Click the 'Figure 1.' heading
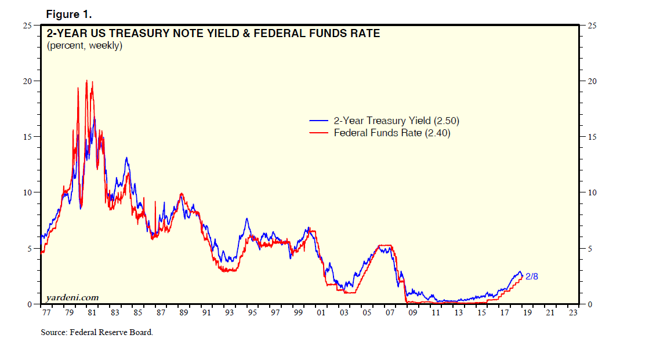pyautogui.click(x=68, y=14)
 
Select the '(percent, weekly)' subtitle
pyautogui.click(x=84, y=46)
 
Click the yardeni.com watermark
pyautogui.click(x=72, y=297)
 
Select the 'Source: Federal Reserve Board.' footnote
pyautogui.click(x=97, y=333)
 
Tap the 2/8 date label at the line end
pyautogui.click(x=532, y=276)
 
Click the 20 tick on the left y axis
pyautogui.click(x=28, y=81)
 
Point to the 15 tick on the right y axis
pyautogui.click(x=593, y=137)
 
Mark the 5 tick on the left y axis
pyautogui.click(x=31, y=248)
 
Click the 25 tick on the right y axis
pyautogui.click(x=593, y=26)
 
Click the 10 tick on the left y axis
pyautogui.click(x=28, y=192)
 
